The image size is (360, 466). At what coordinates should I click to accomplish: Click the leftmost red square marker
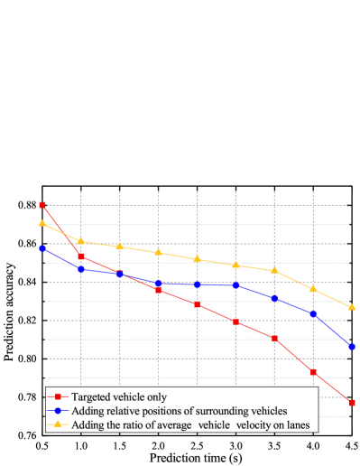click(42, 205)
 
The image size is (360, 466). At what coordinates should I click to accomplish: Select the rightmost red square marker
click(352, 402)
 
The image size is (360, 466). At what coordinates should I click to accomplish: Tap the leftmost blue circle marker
click(42, 248)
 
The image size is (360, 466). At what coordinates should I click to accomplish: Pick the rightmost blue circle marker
click(352, 346)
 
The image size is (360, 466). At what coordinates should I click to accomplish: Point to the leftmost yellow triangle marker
click(42, 223)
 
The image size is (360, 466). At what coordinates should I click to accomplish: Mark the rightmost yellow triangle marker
click(352, 307)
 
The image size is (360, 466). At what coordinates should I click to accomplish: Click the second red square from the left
click(81, 256)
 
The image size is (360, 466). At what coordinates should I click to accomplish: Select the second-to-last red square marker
click(313, 371)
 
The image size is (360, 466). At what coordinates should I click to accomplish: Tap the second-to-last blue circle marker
click(313, 313)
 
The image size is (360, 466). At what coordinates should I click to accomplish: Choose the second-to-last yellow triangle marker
click(313, 288)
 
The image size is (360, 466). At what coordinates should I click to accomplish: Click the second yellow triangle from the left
click(81, 241)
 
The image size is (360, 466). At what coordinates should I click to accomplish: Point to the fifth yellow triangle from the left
click(197, 259)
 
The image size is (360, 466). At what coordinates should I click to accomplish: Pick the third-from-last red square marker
click(274, 338)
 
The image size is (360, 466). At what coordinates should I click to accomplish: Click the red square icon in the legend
click(58, 396)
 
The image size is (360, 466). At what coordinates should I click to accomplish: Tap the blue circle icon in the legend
click(58, 410)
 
